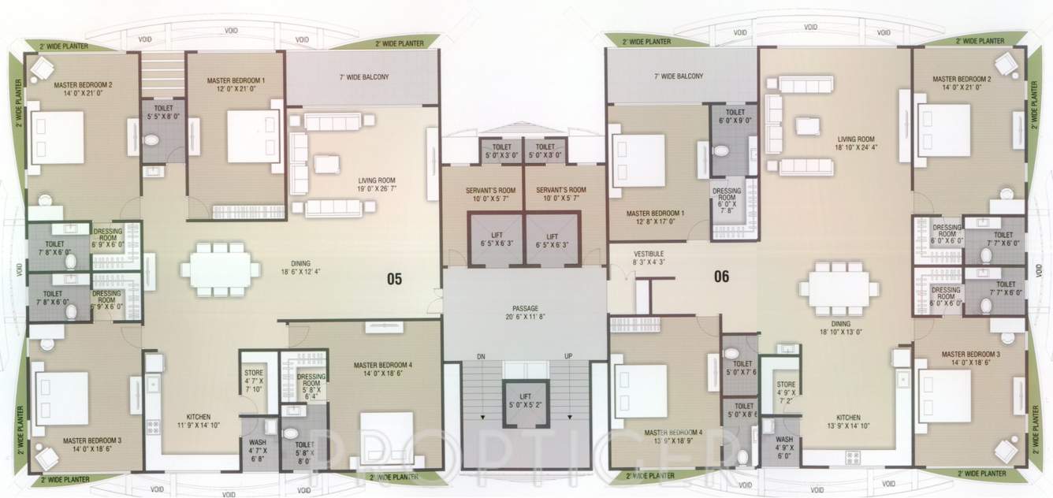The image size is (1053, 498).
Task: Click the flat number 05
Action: click(395, 277)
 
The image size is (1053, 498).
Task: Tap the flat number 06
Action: click(721, 276)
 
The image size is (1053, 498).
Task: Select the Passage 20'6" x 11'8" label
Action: click(524, 311)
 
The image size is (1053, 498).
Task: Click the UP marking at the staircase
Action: click(567, 357)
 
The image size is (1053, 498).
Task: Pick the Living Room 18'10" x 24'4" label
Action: click(856, 142)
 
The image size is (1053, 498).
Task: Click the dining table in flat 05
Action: click(220, 269)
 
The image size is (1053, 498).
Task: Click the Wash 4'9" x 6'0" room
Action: click(783, 444)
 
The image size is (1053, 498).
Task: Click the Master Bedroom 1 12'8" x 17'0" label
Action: click(655, 218)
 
